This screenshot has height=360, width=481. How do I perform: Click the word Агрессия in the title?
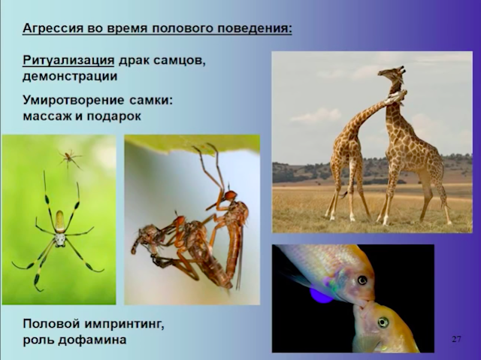[53, 29]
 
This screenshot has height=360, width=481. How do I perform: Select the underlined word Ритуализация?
[68, 60]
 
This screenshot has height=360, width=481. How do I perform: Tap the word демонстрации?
[70, 77]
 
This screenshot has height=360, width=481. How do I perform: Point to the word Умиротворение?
[74, 100]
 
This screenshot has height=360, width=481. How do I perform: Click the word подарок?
[113, 116]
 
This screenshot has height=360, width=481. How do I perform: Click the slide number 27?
[456, 339]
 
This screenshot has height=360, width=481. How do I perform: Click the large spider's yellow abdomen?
[60, 222]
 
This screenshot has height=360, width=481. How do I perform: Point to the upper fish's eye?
[362, 280]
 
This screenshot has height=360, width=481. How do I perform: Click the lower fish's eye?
[383, 322]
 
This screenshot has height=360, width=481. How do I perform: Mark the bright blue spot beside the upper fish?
[321, 295]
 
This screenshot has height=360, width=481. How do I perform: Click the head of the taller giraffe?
[392, 73]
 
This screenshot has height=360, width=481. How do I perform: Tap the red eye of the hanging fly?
[231, 195]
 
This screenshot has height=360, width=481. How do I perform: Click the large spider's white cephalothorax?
[60, 240]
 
